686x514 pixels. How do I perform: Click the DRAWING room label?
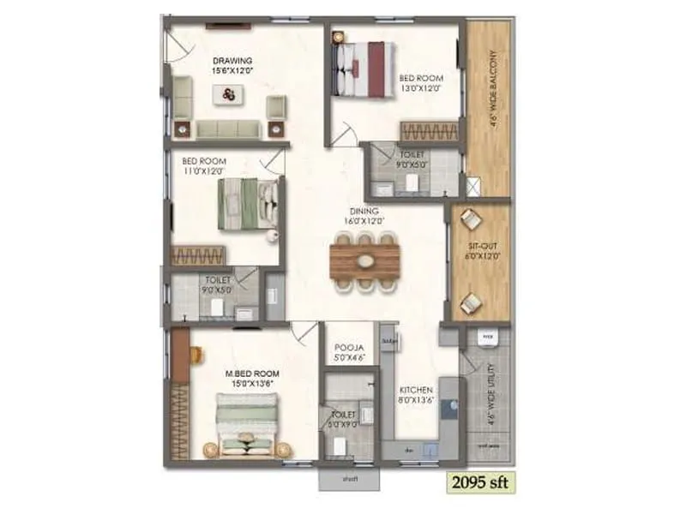[232, 61]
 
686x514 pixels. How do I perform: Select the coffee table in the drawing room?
[229, 95]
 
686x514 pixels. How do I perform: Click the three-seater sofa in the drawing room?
[227, 128]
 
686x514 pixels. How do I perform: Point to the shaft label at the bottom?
[349, 479]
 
